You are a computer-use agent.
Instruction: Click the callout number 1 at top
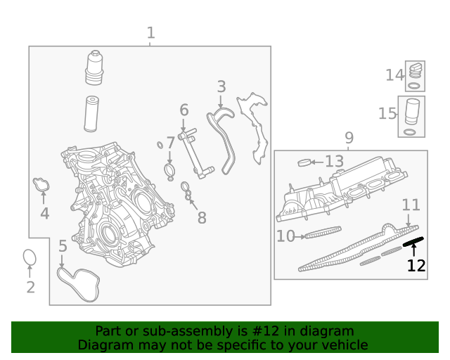(x=150, y=32)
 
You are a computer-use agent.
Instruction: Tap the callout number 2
(x=30, y=287)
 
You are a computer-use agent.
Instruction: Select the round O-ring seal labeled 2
(x=30, y=258)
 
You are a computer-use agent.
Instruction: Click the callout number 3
(x=221, y=86)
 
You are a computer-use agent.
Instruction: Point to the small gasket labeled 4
(x=41, y=185)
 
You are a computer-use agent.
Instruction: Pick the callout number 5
(x=63, y=246)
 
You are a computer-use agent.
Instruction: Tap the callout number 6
(x=184, y=110)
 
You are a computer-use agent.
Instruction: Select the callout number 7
(x=170, y=143)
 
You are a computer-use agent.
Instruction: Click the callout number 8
(x=202, y=218)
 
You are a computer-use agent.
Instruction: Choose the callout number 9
(x=349, y=137)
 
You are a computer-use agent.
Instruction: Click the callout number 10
(x=285, y=236)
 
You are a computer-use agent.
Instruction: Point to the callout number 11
(x=411, y=205)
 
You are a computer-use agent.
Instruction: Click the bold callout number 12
(x=416, y=266)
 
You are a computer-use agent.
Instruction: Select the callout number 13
(x=334, y=162)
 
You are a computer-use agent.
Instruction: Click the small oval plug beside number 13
(x=304, y=163)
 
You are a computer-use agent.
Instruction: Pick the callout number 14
(x=394, y=75)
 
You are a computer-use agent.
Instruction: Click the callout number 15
(x=387, y=113)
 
